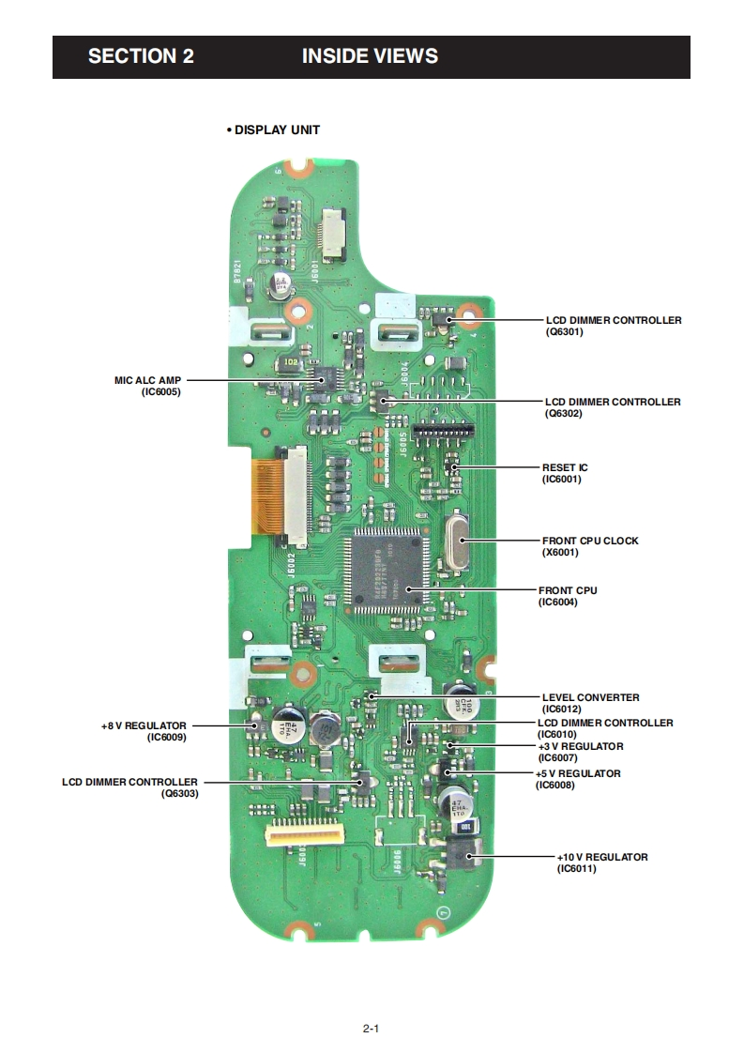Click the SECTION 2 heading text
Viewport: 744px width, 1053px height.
(141, 56)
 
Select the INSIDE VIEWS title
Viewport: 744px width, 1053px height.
(370, 56)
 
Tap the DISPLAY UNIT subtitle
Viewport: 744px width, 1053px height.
(274, 130)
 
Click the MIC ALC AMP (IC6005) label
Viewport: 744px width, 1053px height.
(147, 386)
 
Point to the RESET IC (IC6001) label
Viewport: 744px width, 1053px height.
(565, 473)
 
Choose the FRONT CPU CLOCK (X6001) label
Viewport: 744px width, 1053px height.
(590, 546)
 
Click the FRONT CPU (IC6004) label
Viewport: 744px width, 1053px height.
(568, 596)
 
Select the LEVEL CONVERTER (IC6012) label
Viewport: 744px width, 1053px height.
(590, 703)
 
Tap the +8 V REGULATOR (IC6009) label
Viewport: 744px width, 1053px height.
(144, 731)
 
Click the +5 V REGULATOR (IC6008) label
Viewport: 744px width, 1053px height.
(577, 779)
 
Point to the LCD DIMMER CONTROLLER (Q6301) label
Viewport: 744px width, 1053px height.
(614, 326)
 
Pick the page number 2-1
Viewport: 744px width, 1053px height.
(371, 1029)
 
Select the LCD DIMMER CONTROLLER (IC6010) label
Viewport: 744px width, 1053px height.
(604, 728)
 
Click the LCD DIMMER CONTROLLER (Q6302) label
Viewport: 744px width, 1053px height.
(613, 407)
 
